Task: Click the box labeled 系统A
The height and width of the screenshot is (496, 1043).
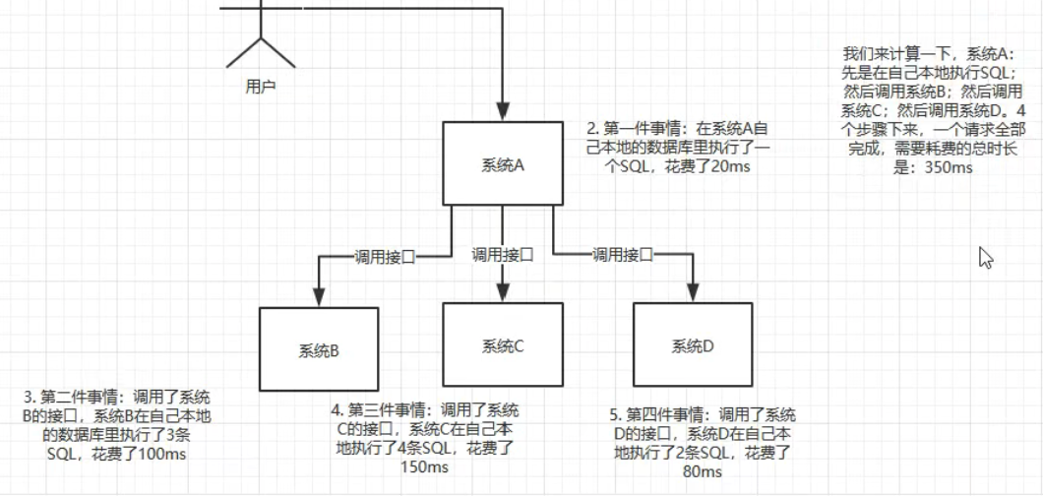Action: click(x=503, y=163)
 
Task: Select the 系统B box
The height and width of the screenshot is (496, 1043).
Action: click(x=319, y=349)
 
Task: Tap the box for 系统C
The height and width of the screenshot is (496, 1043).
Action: click(x=503, y=345)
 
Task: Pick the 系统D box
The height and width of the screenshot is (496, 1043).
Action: click(x=693, y=345)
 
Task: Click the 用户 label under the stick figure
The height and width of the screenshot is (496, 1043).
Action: click(x=260, y=87)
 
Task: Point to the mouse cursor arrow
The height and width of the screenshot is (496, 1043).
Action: click(x=985, y=257)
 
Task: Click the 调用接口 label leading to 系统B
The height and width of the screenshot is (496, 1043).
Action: click(x=385, y=257)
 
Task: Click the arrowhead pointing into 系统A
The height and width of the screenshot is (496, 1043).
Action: click(x=503, y=112)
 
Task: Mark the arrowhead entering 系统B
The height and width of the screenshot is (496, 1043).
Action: click(x=319, y=297)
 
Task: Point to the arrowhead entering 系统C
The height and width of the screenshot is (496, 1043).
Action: click(x=503, y=293)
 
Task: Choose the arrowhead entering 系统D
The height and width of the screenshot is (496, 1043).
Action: click(x=693, y=293)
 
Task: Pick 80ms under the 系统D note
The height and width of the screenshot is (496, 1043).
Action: click(x=703, y=471)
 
